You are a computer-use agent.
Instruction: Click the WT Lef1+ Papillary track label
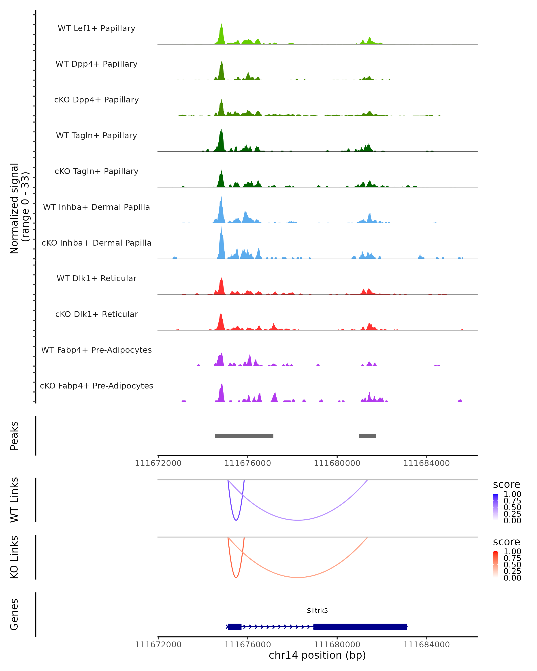[x=96, y=28]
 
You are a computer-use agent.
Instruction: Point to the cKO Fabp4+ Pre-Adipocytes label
[x=96, y=386]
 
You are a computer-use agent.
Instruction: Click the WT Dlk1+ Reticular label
[x=96, y=278]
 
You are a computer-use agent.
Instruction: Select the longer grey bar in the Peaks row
[x=244, y=436]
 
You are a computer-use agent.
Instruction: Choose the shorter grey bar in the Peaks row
[x=367, y=436]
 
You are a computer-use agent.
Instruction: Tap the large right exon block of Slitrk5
[x=360, y=626]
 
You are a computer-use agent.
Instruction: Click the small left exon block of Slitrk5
[x=234, y=626]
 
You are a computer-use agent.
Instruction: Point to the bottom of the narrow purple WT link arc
[x=236, y=520]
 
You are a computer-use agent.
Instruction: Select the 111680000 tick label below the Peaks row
[x=337, y=463]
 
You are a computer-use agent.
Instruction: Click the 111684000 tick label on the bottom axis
[x=426, y=645]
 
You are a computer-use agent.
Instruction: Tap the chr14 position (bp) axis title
[x=317, y=655]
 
